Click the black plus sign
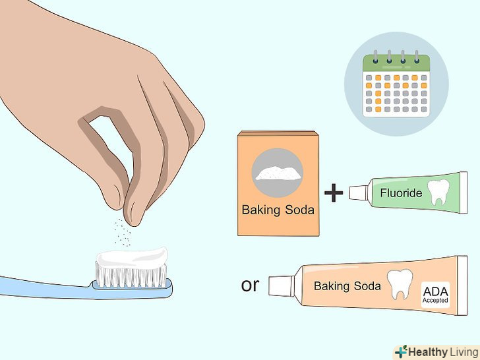(x=334, y=193)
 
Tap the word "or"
(x=250, y=285)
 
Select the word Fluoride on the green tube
(x=401, y=193)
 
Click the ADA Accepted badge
(x=436, y=295)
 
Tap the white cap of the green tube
(x=359, y=193)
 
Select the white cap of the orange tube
(x=282, y=285)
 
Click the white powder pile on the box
(x=278, y=173)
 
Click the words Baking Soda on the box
(x=278, y=210)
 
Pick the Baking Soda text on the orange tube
(x=347, y=286)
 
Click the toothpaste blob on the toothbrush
(x=133, y=257)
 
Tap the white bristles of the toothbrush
(x=131, y=276)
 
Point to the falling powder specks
(x=123, y=232)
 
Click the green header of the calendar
(x=396, y=63)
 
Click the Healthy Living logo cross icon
(x=402, y=352)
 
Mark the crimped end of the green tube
(x=463, y=193)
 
